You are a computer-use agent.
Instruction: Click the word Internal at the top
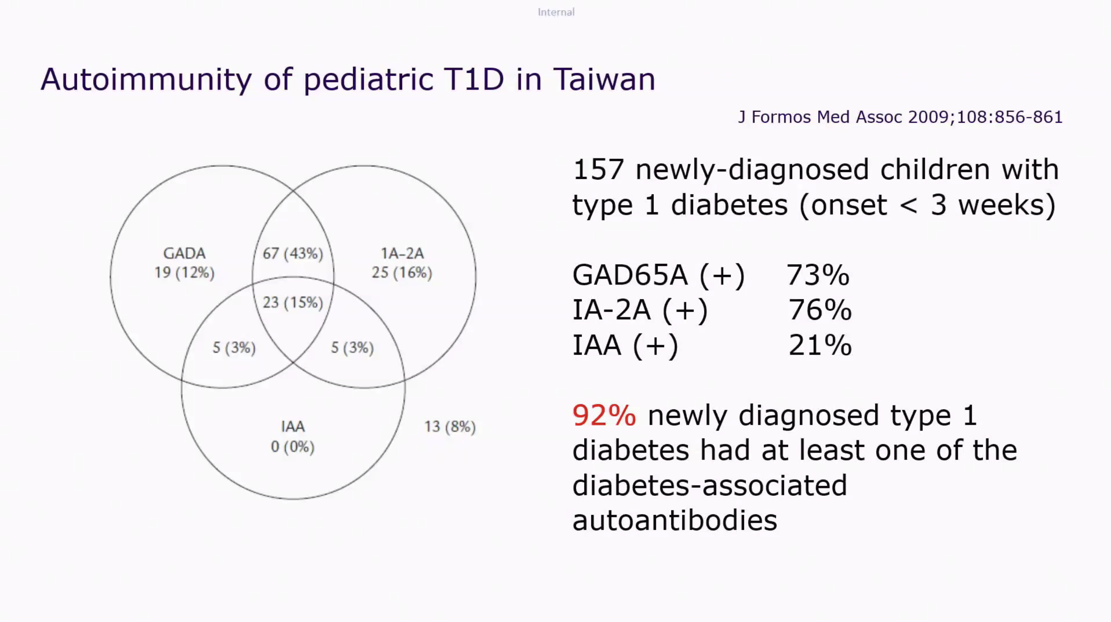(x=556, y=12)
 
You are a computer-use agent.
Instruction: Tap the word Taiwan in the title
(x=604, y=80)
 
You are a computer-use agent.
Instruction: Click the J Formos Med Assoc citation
(x=900, y=117)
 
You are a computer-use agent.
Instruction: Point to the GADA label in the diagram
(x=184, y=254)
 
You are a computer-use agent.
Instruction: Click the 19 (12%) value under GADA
(x=184, y=273)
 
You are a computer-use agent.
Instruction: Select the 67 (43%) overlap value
(x=293, y=254)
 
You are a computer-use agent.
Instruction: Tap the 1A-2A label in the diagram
(x=402, y=254)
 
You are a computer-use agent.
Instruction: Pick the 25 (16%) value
(x=402, y=273)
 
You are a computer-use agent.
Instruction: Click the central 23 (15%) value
(x=293, y=303)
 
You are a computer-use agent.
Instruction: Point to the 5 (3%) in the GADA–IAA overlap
(x=234, y=348)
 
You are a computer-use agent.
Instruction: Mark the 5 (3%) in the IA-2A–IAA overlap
(x=352, y=348)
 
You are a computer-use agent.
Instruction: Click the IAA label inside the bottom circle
(x=293, y=427)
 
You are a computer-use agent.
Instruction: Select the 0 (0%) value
(x=293, y=447)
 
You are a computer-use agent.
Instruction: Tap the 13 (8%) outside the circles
(x=450, y=427)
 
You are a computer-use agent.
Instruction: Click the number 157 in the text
(x=598, y=170)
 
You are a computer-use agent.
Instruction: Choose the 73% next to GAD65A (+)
(x=818, y=275)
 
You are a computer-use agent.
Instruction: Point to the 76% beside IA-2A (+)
(x=820, y=310)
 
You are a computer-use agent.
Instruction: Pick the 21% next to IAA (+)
(x=820, y=345)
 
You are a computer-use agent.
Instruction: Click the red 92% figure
(x=604, y=416)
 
